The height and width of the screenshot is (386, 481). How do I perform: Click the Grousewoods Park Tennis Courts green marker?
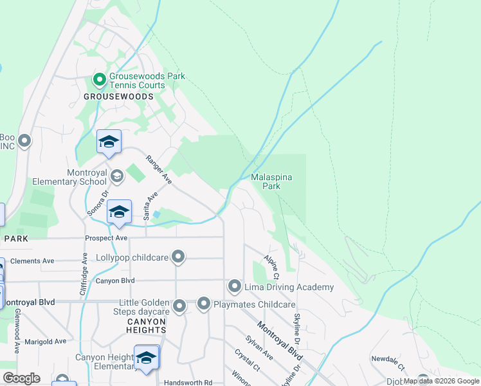[x=100, y=80]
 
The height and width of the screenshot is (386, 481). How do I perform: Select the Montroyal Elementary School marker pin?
[x=117, y=176]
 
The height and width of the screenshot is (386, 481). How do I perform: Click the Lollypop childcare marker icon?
[x=179, y=257]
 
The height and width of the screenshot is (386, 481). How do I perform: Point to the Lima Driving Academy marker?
[x=235, y=286]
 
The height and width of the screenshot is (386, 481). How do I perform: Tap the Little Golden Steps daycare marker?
[x=179, y=306]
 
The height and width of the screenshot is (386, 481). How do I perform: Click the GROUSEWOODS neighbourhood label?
[x=119, y=96]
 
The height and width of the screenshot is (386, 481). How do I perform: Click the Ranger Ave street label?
[x=158, y=170]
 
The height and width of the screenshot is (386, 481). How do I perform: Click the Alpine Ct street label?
[x=271, y=267]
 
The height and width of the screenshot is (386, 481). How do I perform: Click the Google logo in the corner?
[x=21, y=378]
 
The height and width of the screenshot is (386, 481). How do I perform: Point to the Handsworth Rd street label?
[x=188, y=382]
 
